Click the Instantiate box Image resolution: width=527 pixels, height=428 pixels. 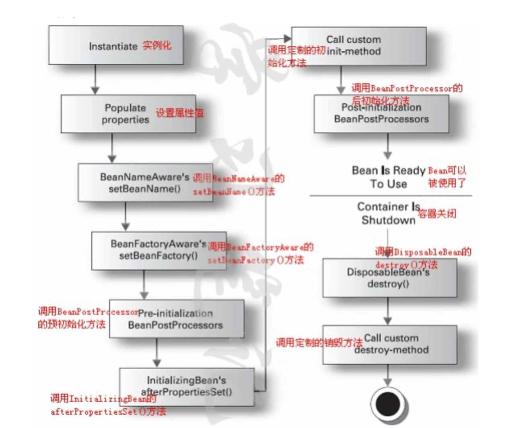[116, 45]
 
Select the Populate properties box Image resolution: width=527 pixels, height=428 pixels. [128, 114]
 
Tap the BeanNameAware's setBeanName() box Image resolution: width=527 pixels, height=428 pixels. [145, 182]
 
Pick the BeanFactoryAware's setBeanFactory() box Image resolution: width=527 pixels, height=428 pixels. [159, 250]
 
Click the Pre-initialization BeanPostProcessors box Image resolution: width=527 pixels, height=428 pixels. [176, 319]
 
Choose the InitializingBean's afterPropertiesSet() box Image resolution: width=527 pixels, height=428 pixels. [187, 386]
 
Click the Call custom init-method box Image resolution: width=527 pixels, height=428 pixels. [358, 46]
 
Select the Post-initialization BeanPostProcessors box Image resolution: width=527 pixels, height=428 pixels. [381, 114]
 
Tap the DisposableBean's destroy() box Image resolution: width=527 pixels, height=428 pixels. [389, 278]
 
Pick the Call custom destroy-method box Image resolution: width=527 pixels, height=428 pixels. [389, 345]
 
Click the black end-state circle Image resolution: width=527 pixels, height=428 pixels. [387, 404]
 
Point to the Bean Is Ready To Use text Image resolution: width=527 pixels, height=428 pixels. [388, 177]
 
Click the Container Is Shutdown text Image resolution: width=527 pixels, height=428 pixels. [388, 213]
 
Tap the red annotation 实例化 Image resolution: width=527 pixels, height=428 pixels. [156, 45]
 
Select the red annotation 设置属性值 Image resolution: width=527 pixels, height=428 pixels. [179, 113]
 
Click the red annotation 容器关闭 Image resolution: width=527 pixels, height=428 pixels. [437, 214]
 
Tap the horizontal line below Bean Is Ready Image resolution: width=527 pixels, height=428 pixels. [390, 196]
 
